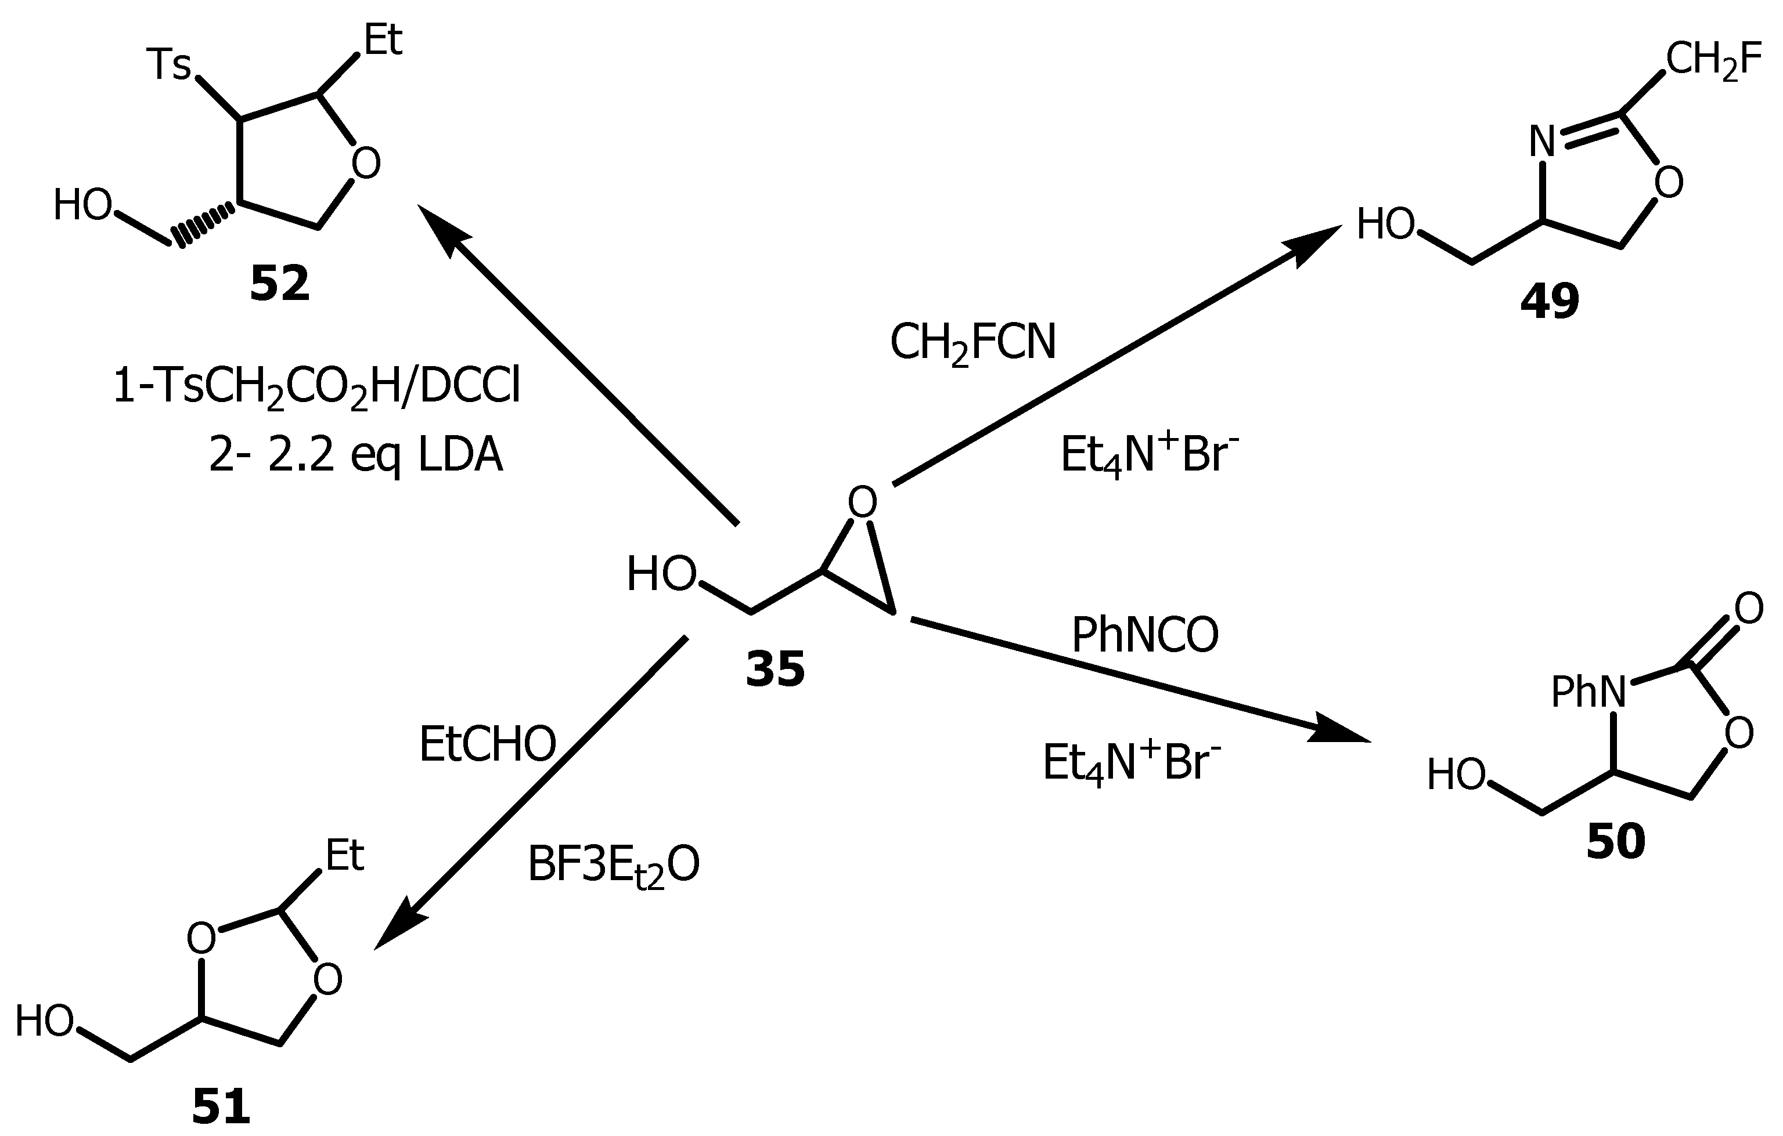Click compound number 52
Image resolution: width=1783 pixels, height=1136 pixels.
pyautogui.click(x=279, y=284)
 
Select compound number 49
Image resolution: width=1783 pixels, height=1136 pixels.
pyautogui.click(x=1549, y=302)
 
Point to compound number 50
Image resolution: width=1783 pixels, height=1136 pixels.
pyautogui.click(x=1615, y=841)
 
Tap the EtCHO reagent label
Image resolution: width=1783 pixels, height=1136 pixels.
pyautogui.click(x=487, y=744)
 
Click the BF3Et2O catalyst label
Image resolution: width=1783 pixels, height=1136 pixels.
pyautogui.click(x=613, y=865)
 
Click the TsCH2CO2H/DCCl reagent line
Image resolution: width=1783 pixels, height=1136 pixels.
pyautogui.click(x=316, y=388)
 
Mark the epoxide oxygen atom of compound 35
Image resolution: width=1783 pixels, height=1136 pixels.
pyautogui.click(x=862, y=502)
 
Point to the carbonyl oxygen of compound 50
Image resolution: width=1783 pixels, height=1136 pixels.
pyautogui.click(x=1748, y=609)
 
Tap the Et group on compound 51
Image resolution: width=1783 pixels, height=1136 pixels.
pyautogui.click(x=345, y=856)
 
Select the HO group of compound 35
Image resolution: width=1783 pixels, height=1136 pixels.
pyautogui.click(x=661, y=574)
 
